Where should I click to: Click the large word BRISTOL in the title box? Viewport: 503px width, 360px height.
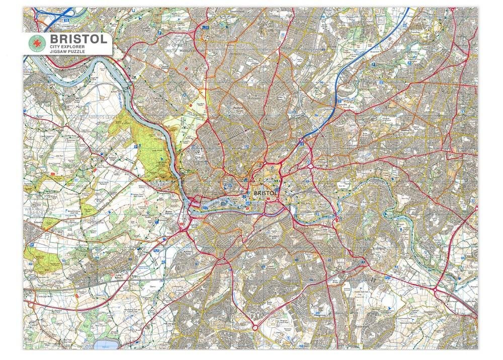click(77, 39)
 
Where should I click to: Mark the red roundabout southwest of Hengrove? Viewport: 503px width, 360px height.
click(255, 327)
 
